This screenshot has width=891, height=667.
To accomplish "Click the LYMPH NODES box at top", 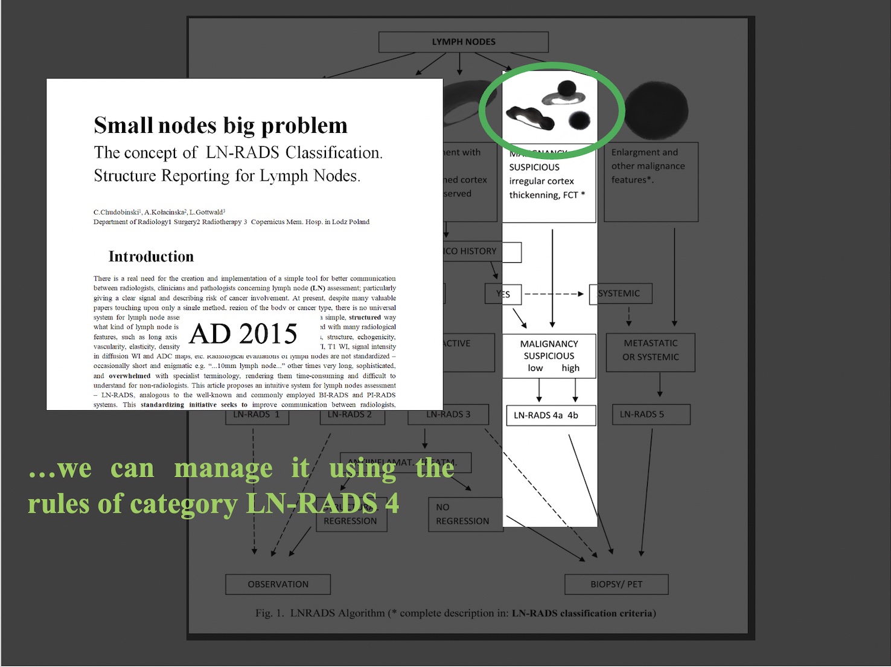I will (463, 42).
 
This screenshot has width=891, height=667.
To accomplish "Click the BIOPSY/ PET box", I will (616, 584).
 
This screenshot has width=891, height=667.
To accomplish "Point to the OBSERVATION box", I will (278, 584).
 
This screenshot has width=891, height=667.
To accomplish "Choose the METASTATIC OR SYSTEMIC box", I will (650, 350).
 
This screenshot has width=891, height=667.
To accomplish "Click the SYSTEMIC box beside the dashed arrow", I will (620, 294).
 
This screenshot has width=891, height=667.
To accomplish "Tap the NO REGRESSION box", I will (464, 514).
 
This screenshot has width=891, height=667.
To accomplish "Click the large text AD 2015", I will (243, 333).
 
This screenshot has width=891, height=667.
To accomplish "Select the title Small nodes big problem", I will (220, 126).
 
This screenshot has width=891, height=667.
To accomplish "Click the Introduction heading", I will (151, 257).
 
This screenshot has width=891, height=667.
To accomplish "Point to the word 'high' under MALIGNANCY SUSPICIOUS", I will (570, 368).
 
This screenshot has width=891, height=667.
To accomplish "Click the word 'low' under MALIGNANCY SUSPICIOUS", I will (535, 368).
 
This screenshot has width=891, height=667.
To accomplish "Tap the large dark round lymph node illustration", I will (655, 111).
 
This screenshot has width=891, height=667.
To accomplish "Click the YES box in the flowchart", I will (503, 294).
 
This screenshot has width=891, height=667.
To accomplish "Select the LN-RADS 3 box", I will (448, 414).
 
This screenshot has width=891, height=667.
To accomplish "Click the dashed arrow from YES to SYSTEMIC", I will (554, 294).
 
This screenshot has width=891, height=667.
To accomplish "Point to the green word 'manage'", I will (223, 469).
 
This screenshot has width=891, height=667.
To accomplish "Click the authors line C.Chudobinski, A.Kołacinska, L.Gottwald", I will (159, 212).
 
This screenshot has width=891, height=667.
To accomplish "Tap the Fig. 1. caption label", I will (269, 613).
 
